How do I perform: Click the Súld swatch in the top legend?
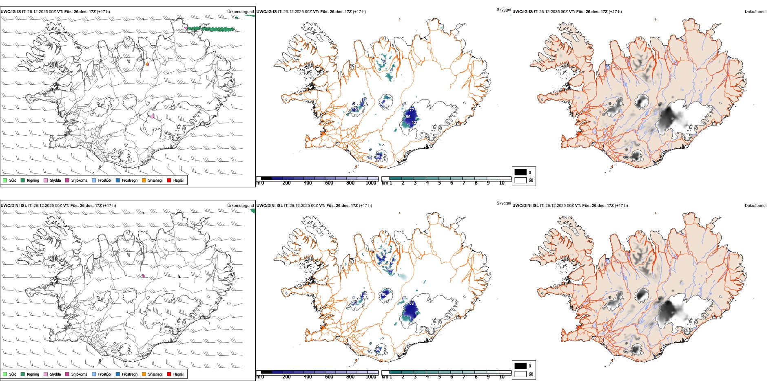(5, 180)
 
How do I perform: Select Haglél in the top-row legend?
(169, 180)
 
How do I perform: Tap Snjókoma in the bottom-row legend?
(67, 374)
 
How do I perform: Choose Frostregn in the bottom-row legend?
(118, 374)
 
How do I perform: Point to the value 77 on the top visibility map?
(412, 110)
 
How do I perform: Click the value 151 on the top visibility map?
(355, 109)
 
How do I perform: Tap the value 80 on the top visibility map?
(378, 156)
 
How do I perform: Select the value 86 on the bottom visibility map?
(384, 295)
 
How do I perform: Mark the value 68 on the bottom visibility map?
(412, 303)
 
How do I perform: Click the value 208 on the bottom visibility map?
(356, 302)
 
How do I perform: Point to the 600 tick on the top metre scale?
(329, 183)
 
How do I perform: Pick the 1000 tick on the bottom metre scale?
(371, 377)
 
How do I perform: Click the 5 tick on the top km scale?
(440, 183)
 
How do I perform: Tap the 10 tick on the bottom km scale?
(502, 377)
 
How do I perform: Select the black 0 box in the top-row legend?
(520, 172)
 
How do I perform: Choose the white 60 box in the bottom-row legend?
(520, 374)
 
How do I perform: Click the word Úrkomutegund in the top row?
(241, 12)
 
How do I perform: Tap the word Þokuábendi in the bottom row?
(755, 206)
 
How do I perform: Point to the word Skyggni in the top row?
(503, 9)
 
